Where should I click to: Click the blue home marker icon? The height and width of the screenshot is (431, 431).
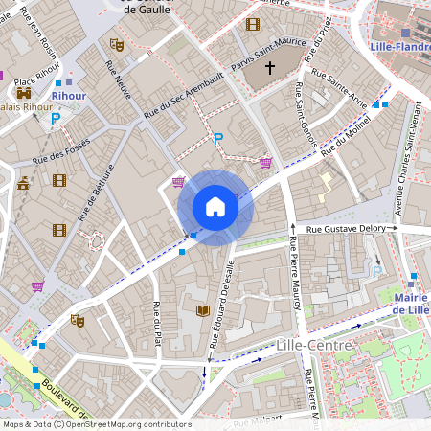tap(215, 206)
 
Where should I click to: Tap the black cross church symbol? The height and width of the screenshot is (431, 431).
tap(270, 68)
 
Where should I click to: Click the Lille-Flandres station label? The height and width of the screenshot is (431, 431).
tap(398, 45)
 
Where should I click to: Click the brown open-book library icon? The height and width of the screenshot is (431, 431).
tap(202, 310)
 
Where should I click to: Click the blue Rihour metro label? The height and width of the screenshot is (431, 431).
tap(68, 96)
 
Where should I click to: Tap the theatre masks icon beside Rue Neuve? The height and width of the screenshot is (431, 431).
tap(117, 44)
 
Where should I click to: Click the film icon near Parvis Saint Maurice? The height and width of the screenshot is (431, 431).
tap(252, 24)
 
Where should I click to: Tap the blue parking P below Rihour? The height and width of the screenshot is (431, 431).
tap(56, 118)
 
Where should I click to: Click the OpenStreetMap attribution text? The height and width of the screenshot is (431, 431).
tap(97, 424)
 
